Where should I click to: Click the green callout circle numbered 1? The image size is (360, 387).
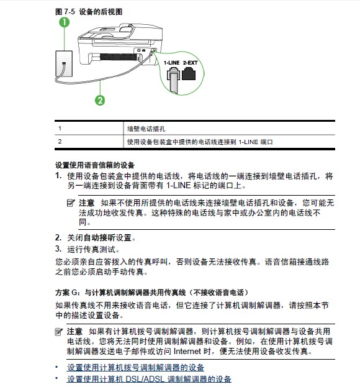click(65, 22)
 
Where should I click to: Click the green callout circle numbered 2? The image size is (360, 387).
click(100, 101)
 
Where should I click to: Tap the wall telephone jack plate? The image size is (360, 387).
click(64, 64)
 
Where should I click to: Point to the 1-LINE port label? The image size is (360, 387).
click(171, 63)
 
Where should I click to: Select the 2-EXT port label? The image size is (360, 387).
click(190, 63)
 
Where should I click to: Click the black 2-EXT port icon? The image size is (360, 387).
click(189, 74)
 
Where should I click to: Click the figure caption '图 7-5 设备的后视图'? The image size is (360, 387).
click(89, 12)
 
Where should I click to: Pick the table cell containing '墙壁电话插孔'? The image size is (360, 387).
click(229, 129)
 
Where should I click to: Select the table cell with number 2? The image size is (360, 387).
click(89, 142)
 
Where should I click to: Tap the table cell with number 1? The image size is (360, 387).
click(89, 129)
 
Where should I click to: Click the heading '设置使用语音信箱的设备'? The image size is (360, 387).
click(95, 165)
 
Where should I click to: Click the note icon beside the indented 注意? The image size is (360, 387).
click(71, 203)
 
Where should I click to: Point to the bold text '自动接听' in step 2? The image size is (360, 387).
click(99, 238)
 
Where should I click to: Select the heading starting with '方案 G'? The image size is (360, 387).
click(151, 293)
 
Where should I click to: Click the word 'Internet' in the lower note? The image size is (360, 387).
click(187, 351)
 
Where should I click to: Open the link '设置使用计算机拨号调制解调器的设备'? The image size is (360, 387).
click(135, 367)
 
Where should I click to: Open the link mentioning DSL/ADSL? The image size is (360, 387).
click(149, 379)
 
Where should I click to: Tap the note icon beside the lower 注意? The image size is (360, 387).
click(59, 332)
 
